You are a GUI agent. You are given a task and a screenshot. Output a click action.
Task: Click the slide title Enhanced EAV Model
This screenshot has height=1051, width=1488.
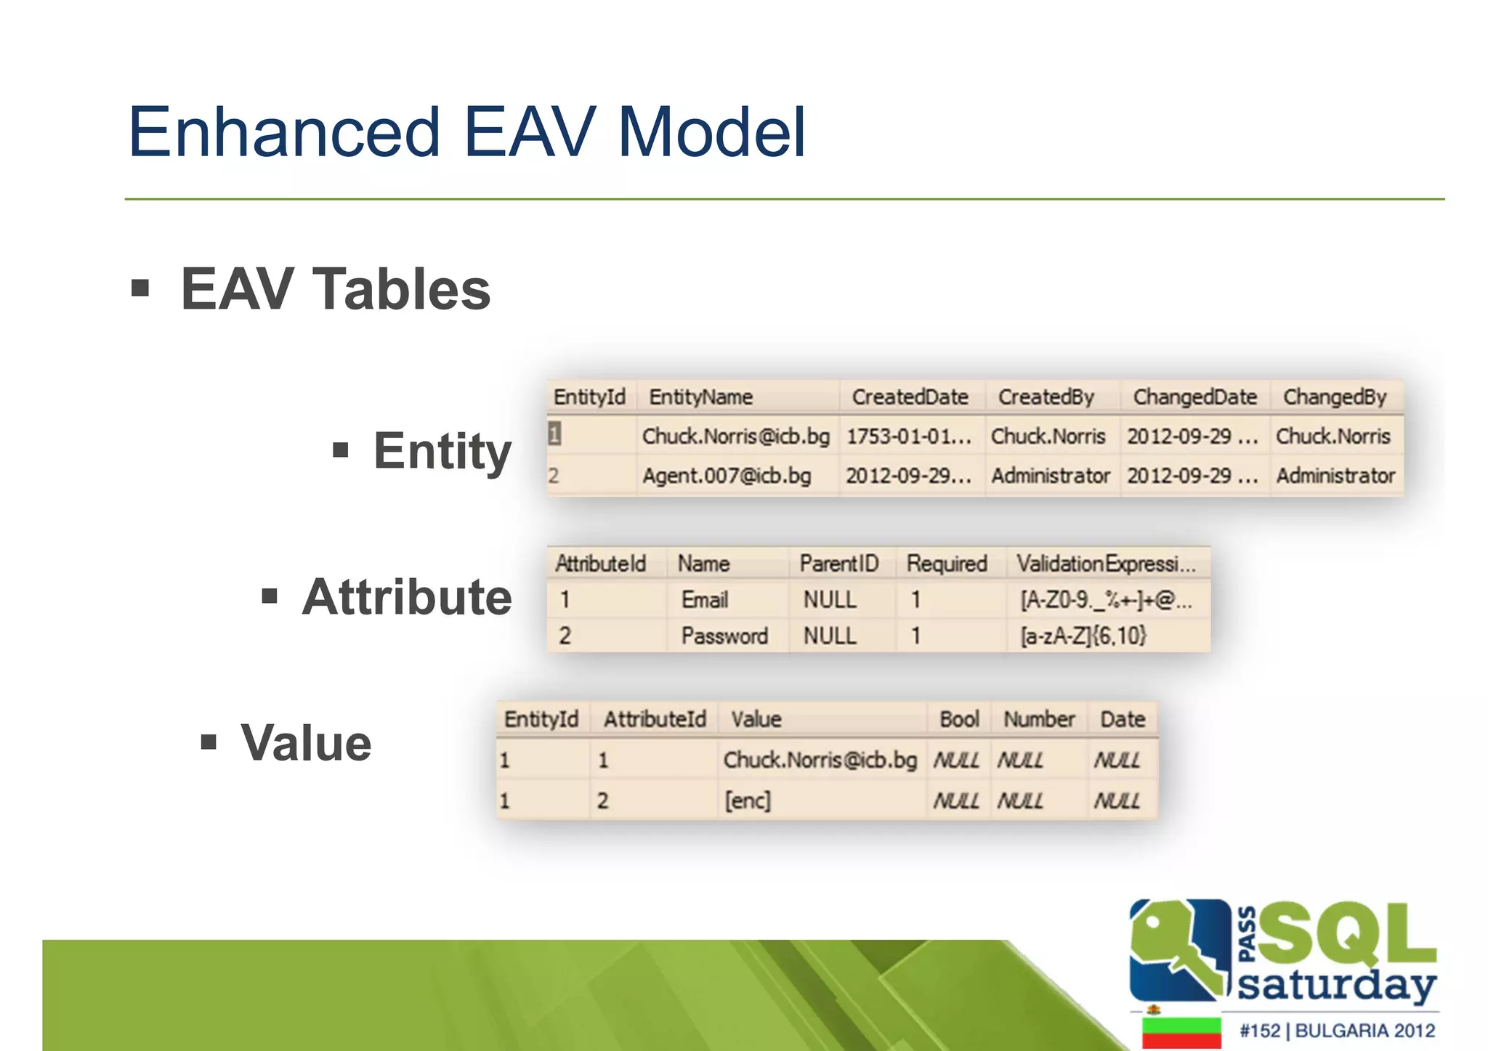pyautogui.click(x=466, y=132)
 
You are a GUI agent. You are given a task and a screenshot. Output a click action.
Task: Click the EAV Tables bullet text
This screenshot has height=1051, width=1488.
pyautogui.click(x=335, y=289)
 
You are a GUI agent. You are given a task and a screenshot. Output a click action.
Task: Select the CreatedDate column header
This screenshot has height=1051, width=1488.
pyautogui.click(x=910, y=397)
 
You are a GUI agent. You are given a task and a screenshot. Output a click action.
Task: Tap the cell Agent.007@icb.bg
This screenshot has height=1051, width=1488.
pyautogui.click(x=726, y=476)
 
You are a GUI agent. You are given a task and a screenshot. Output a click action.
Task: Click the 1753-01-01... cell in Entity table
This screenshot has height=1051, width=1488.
pyautogui.click(x=908, y=437)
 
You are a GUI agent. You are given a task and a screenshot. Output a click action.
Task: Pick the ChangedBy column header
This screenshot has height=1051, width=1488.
pyautogui.click(x=1334, y=397)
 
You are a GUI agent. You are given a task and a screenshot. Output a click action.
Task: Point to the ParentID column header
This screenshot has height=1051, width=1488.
pyautogui.click(x=838, y=564)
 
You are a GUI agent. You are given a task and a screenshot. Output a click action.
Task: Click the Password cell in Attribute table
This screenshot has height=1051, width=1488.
pyautogui.click(x=724, y=636)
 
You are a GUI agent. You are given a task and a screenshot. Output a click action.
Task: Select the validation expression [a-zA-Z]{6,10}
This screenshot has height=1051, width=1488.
pyautogui.click(x=1083, y=636)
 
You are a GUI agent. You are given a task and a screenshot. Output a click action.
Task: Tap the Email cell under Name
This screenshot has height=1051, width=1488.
pyautogui.click(x=704, y=600)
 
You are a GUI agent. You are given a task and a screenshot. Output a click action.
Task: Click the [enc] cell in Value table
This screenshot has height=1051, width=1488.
pyautogui.click(x=747, y=800)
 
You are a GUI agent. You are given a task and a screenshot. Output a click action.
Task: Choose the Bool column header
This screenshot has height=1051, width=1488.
pyautogui.click(x=959, y=719)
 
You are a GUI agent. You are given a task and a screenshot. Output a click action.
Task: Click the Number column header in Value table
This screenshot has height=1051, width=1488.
pyautogui.click(x=1038, y=719)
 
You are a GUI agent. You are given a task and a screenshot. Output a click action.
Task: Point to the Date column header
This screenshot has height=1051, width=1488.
pyautogui.click(x=1122, y=719)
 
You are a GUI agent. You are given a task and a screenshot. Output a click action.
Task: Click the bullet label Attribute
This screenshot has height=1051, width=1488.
pyautogui.click(x=406, y=597)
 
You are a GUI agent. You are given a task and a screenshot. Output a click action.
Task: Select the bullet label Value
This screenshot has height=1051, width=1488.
pyautogui.click(x=306, y=743)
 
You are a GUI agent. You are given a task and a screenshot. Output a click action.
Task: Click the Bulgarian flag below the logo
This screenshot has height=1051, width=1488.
pyautogui.click(x=1181, y=1032)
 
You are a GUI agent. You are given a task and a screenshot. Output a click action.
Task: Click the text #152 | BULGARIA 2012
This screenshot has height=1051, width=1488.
pyautogui.click(x=1337, y=1031)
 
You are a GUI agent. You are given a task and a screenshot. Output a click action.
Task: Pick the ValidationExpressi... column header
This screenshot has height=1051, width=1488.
pyautogui.click(x=1105, y=564)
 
